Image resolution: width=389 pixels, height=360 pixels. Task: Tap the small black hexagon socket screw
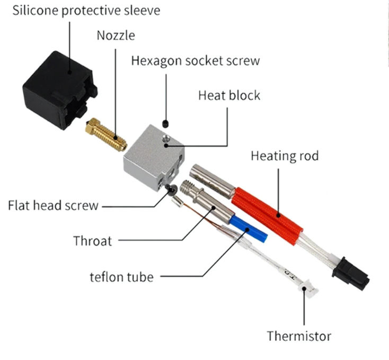coord(166,122)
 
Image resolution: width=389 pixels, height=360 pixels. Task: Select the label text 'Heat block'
coord(229,95)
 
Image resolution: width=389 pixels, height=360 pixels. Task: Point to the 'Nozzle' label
coord(116,35)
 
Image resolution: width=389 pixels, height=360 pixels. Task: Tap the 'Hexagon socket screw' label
coord(196,60)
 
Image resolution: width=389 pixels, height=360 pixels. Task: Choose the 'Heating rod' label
coord(285,156)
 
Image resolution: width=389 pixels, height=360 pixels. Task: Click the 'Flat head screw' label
coord(53,205)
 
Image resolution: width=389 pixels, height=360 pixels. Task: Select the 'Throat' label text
coord(93,241)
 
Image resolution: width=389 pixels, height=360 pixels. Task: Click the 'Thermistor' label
coord(298,336)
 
